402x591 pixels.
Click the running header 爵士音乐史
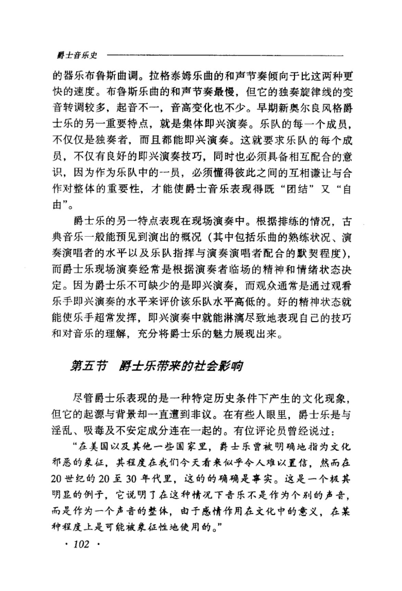point(77,55)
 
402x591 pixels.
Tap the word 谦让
point(307,173)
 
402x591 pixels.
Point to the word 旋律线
point(311,92)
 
